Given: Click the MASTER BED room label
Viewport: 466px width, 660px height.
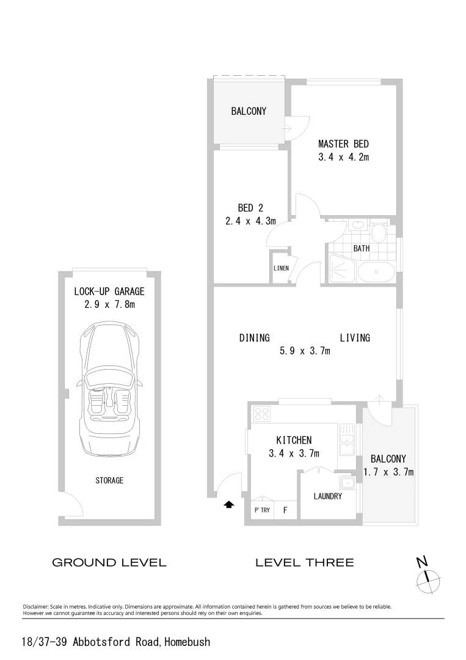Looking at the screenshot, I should [x=343, y=144].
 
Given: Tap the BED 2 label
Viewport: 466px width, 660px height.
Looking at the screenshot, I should [x=250, y=208].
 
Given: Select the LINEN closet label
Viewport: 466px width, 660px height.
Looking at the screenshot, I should [x=281, y=268].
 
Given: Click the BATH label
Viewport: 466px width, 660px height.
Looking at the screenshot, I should [x=362, y=249].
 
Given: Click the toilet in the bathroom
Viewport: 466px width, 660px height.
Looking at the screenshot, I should [x=379, y=232].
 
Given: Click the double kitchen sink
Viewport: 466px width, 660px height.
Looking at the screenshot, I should [x=347, y=440].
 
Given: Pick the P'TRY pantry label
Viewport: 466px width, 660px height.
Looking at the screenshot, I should [x=261, y=510].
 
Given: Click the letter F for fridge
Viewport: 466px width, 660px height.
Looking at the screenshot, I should [x=285, y=510].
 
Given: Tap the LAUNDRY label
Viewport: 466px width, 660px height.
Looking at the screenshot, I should [x=328, y=496].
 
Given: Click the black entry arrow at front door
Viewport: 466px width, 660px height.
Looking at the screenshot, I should [x=229, y=505].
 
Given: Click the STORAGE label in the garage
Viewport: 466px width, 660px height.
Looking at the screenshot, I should [x=109, y=480].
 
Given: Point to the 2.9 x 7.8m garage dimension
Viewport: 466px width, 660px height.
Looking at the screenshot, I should [x=109, y=304].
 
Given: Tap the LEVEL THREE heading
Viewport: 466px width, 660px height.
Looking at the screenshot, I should [x=304, y=562].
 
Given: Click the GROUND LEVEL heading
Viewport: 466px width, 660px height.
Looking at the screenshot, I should [x=109, y=562].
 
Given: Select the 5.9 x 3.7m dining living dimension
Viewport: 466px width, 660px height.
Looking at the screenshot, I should [x=305, y=351].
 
